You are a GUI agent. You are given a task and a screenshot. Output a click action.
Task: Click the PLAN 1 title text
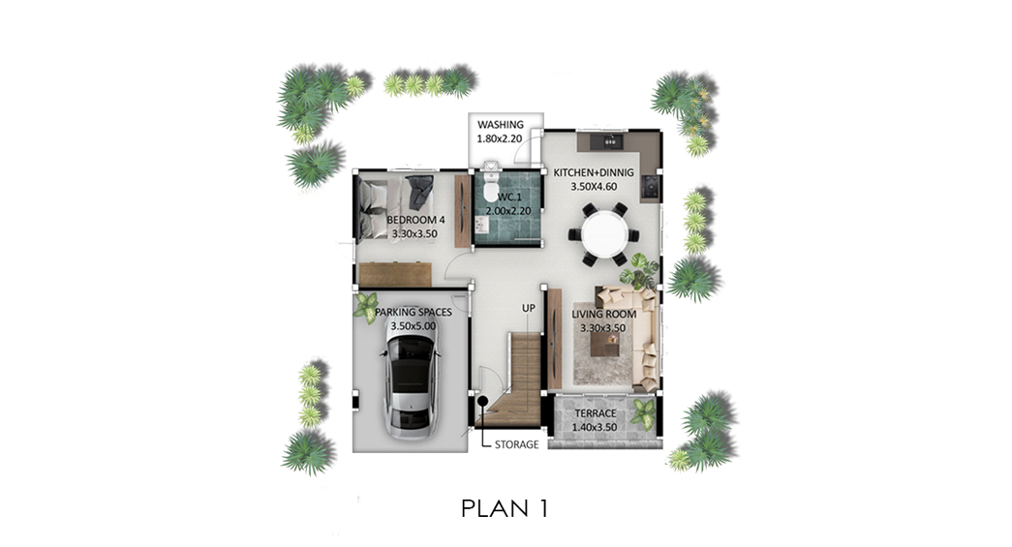[x=505, y=508]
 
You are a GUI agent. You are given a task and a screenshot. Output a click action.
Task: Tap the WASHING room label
[x=501, y=125]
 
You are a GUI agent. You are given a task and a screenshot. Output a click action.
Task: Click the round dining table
[x=603, y=235]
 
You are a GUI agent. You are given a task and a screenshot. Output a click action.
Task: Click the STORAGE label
[x=516, y=444]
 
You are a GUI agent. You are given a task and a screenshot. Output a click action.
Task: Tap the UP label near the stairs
[x=529, y=308]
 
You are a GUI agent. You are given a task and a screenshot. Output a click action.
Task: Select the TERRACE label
[x=595, y=412]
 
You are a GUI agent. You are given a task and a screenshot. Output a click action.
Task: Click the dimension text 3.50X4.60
[x=594, y=187]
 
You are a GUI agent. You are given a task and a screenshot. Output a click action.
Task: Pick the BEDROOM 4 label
[x=415, y=220]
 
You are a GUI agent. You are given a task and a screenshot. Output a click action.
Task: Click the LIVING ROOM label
[x=604, y=314]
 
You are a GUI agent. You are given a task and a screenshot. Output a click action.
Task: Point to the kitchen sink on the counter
[x=611, y=140]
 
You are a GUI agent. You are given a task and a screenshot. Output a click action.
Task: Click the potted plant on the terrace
[x=643, y=414]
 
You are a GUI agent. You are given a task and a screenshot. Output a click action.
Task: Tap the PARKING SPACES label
[x=414, y=312]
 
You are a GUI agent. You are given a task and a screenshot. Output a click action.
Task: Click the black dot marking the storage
[x=482, y=401]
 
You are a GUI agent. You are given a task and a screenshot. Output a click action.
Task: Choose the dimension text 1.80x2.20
[x=500, y=138]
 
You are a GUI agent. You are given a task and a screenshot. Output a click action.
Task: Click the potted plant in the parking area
[x=367, y=306]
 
